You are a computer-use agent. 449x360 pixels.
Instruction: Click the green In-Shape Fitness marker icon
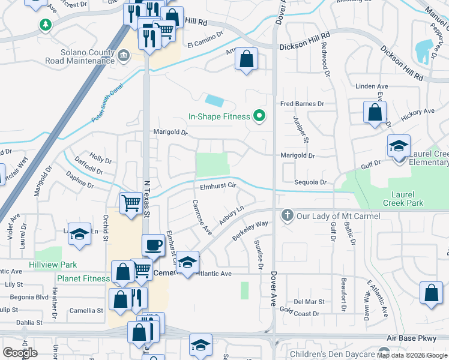point(259,115)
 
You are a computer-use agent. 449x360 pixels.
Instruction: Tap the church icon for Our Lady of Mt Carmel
point(288,215)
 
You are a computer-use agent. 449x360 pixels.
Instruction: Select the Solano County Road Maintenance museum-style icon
point(124,55)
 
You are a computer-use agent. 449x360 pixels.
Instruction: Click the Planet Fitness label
point(83,278)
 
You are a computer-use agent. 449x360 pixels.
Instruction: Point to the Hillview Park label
point(53,265)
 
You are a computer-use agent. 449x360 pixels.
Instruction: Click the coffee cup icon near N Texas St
point(154,245)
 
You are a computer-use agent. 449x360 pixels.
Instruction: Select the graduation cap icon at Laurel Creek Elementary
point(399,146)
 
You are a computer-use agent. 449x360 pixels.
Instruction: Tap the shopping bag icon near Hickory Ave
point(375,112)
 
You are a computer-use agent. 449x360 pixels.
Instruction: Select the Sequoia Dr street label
point(310,182)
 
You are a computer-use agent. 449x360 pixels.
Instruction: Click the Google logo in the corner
point(20,353)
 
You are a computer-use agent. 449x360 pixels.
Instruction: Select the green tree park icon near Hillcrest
point(44,25)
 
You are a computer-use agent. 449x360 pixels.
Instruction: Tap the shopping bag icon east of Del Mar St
point(432,293)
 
